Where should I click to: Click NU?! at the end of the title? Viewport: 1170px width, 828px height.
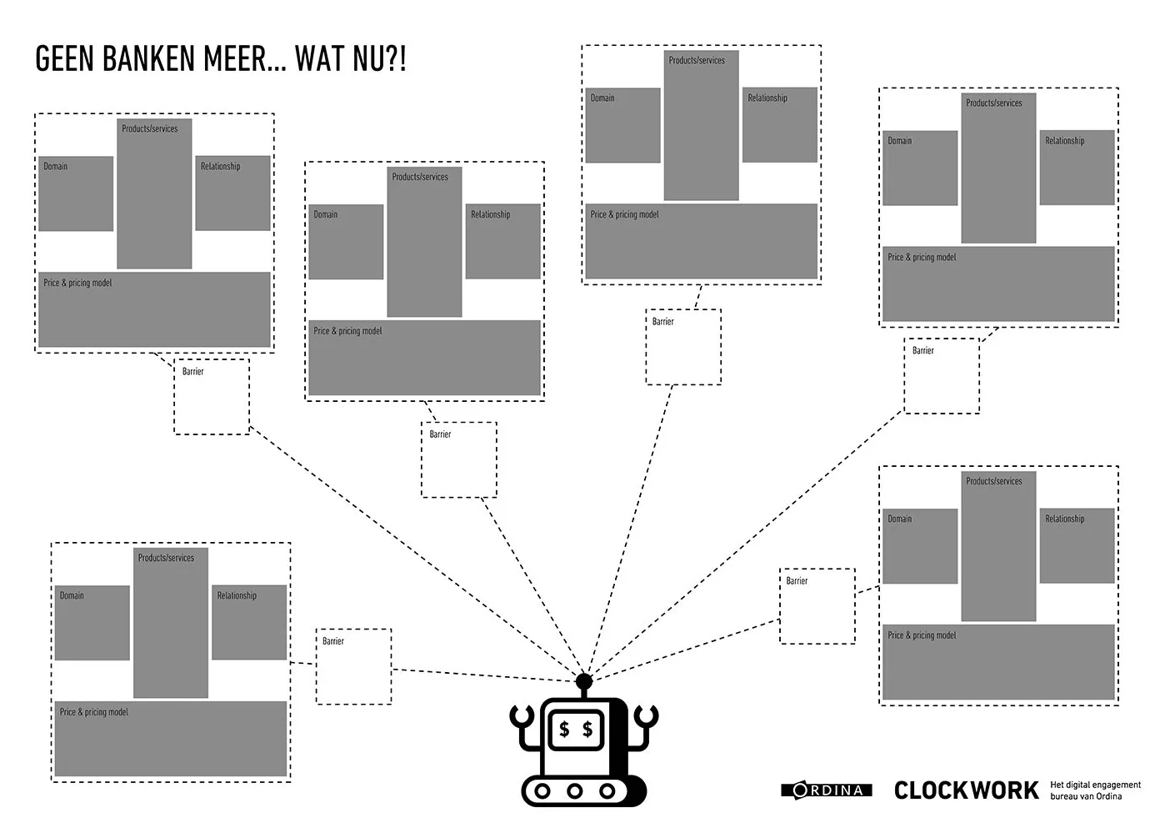click(380, 58)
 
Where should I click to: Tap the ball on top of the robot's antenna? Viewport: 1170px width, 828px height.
click(584, 681)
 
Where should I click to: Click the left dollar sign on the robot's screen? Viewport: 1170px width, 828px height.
click(564, 730)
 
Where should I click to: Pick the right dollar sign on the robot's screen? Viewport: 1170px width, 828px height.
click(587, 730)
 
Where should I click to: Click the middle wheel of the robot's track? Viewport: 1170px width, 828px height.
click(574, 791)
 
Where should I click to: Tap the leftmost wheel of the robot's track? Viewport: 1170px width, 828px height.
click(542, 791)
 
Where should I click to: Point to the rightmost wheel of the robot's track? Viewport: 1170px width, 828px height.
click(607, 791)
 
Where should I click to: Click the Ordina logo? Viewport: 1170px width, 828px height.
click(827, 790)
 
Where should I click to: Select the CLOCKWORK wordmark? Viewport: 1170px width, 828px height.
click(967, 790)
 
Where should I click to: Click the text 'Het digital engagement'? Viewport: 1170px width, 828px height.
click(1095, 785)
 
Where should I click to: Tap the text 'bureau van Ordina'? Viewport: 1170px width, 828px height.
click(1086, 796)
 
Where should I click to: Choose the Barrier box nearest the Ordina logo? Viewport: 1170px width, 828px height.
click(817, 606)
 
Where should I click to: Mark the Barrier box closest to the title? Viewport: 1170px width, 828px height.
click(212, 396)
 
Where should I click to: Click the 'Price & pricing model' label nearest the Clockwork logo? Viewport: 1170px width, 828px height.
click(922, 635)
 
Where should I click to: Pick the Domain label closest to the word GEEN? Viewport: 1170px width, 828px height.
click(55, 166)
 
